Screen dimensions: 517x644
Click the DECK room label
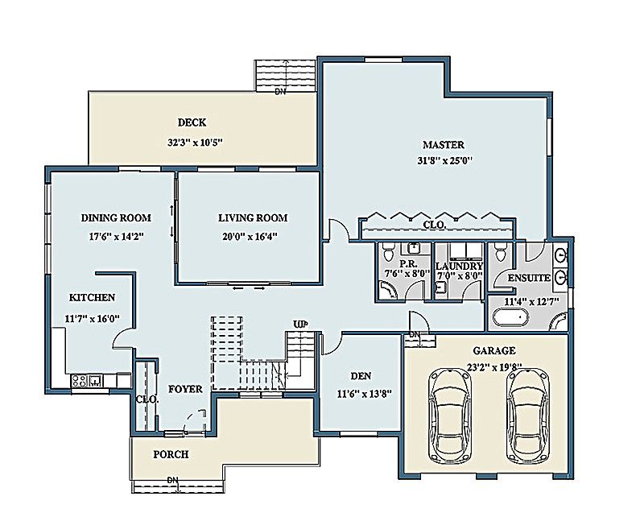[192, 123]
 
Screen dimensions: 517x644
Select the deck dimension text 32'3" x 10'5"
[194, 143]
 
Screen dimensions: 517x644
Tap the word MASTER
[444, 145]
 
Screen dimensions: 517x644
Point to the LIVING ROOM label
[253, 217]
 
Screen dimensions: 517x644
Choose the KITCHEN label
[91, 297]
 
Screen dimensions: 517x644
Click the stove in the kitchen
[81, 381]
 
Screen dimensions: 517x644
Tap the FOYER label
[184, 390]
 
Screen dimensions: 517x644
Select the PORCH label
[171, 454]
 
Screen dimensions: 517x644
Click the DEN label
[360, 376]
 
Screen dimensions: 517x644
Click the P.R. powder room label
[407, 265]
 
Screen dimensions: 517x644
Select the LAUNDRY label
[459, 266]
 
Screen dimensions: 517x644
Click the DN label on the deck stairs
[280, 92]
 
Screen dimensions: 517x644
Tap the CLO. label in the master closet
[434, 225]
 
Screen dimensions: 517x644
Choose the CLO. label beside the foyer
[147, 398]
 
